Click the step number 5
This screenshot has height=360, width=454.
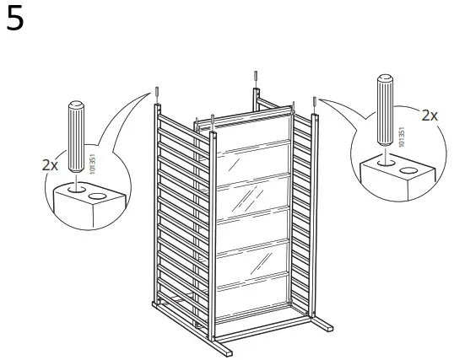(16, 19)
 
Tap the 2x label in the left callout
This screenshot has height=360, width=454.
(51, 165)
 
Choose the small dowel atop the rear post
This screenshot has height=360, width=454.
(255, 80)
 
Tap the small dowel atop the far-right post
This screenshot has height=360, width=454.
(314, 103)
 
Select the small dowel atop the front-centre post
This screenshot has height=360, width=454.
(213, 120)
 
